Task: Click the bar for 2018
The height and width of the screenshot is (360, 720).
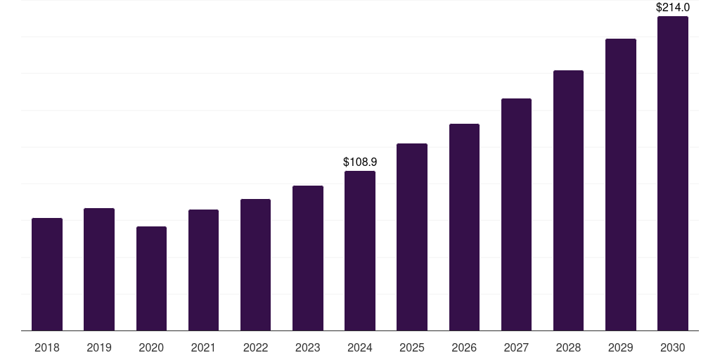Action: click(47, 274)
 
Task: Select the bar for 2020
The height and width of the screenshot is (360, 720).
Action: click(151, 278)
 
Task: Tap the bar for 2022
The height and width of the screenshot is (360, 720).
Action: click(255, 265)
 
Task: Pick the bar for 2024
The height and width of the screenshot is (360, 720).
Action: click(360, 251)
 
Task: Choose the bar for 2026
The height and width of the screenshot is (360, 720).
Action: click(464, 227)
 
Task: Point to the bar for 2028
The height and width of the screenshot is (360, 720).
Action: click(568, 200)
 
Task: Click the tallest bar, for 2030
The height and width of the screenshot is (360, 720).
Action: click(672, 174)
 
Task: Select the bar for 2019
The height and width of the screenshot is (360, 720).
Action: click(99, 269)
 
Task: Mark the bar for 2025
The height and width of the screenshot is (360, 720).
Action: click(412, 237)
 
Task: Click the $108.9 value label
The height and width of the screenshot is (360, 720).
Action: click(360, 162)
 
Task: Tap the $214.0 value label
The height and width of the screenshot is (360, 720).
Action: click(672, 8)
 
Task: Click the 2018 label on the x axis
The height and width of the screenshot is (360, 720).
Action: click(47, 347)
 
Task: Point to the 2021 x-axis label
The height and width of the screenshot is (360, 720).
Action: click(203, 347)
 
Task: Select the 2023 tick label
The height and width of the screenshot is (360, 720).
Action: click(308, 347)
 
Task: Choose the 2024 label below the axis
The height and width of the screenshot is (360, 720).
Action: click(360, 347)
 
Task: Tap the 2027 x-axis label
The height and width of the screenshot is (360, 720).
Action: click(516, 347)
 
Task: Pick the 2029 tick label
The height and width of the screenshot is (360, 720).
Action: click(620, 347)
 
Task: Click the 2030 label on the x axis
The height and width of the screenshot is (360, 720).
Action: click(672, 347)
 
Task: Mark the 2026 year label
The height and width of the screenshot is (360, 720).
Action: click(464, 347)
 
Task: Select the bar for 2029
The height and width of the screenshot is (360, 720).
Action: click(620, 185)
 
